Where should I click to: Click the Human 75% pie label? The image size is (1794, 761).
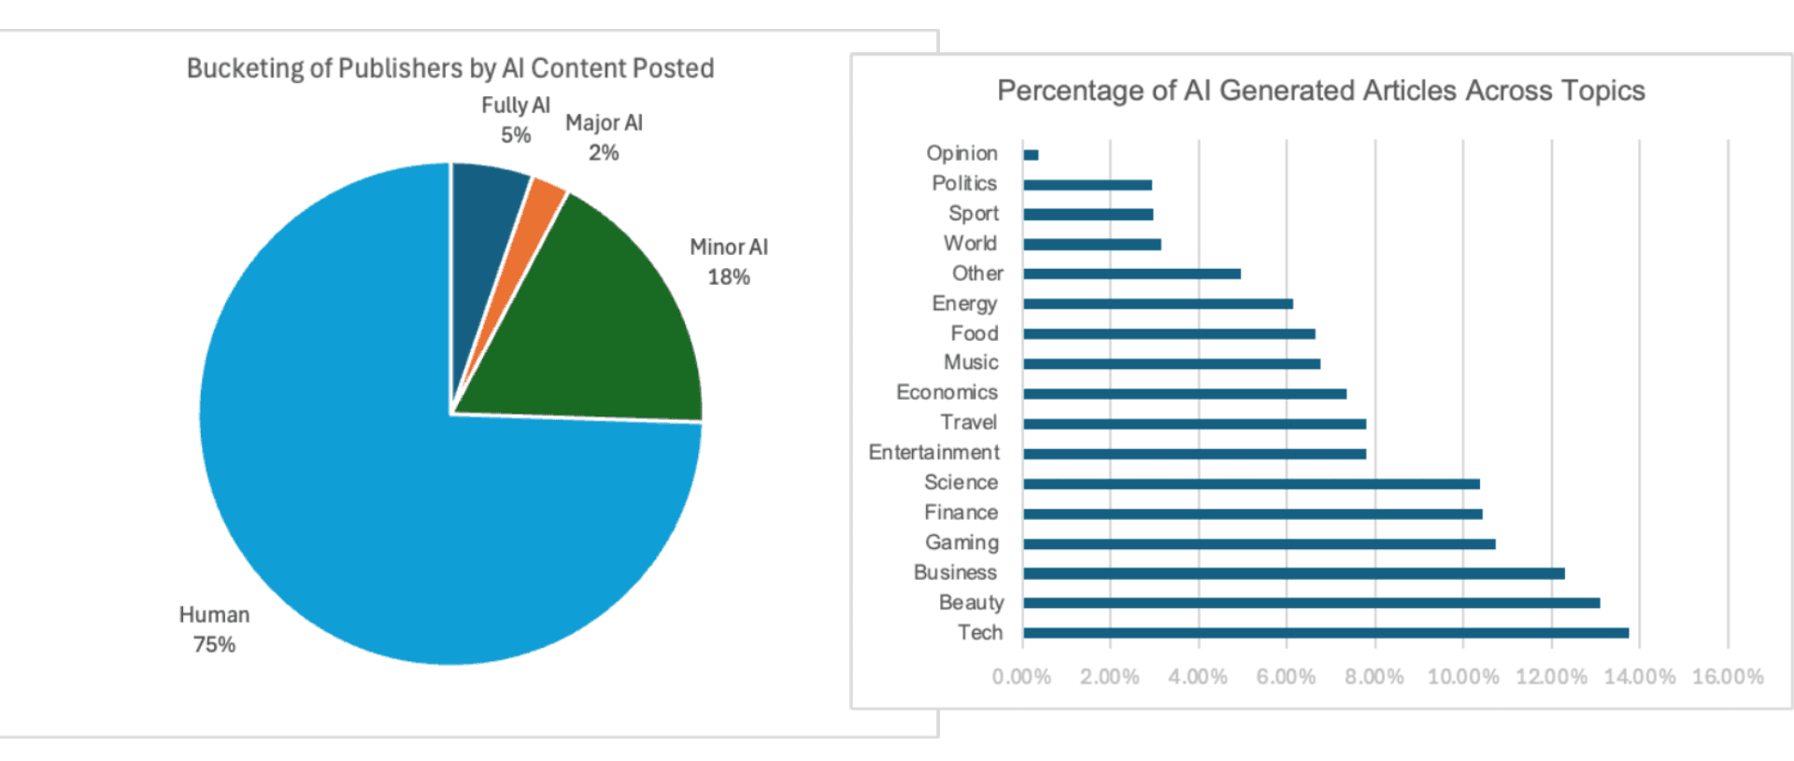(x=214, y=629)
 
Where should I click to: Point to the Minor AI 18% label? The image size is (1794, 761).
(x=729, y=261)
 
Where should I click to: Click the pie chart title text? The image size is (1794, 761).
(x=450, y=68)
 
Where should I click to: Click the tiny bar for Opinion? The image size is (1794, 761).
(x=1031, y=155)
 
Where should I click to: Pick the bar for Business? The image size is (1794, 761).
(x=1293, y=573)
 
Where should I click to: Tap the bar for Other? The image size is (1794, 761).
(x=1132, y=275)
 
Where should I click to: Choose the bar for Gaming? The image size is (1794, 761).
(x=1259, y=543)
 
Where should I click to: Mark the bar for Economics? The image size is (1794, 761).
(x=1185, y=394)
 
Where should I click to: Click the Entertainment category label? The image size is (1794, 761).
(x=933, y=453)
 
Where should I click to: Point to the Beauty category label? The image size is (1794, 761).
(x=971, y=603)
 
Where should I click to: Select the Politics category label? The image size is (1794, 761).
(x=964, y=184)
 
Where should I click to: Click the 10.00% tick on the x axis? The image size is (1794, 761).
(x=1462, y=677)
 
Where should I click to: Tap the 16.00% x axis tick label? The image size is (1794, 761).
(x=1728, y=677)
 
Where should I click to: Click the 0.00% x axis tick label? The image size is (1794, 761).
(x=1021, y=677)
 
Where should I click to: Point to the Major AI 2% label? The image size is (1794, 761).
(x=604, y=137)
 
